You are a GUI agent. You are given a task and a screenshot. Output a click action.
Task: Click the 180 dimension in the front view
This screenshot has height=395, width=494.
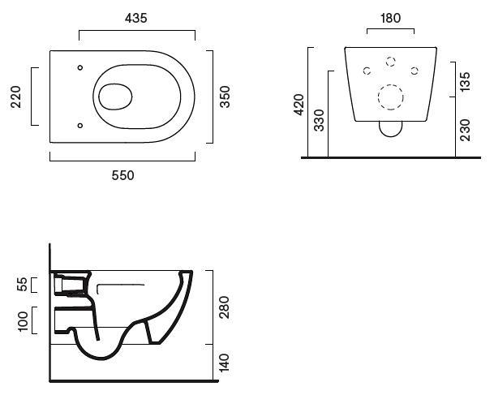[390, 17]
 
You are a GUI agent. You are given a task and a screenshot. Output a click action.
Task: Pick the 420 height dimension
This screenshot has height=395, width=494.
[299, 104]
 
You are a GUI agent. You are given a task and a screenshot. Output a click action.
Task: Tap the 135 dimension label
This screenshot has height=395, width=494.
[465, 82]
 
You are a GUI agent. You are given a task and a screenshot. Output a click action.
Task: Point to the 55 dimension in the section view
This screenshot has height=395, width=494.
[23, 285]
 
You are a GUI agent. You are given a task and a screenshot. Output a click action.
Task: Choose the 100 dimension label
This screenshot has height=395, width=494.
[23, 320]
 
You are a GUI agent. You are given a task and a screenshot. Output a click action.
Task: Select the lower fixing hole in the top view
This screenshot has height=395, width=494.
[79, 125]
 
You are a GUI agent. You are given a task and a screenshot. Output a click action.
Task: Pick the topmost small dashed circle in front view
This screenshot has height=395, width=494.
[390, 62]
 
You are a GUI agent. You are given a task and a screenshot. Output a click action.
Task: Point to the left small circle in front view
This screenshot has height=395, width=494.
[367, 71]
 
